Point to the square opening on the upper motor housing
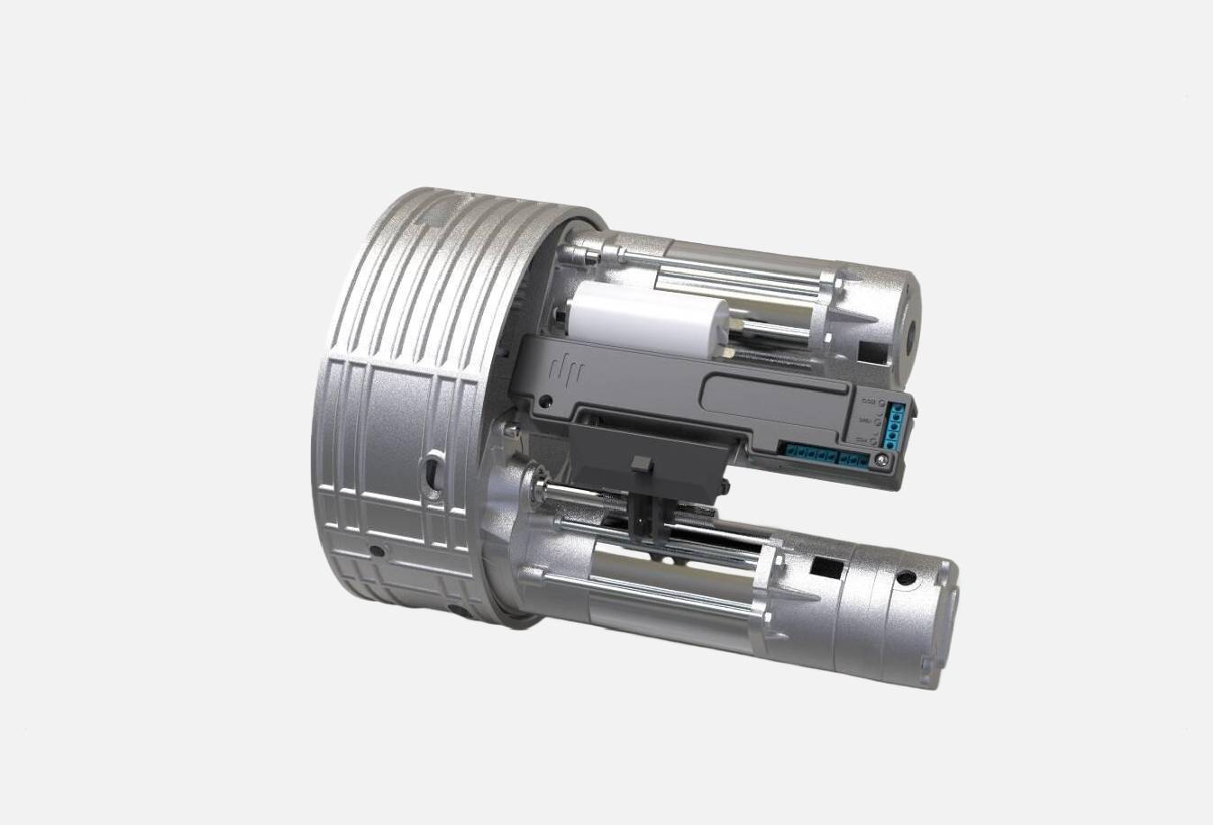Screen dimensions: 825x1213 [871, 348]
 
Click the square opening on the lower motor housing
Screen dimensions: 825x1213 [826, 567]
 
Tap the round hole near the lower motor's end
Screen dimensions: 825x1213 [905, 577]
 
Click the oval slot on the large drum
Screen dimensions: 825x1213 [433, 469]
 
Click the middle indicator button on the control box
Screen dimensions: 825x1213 [880, 421]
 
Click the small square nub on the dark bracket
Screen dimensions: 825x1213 [642, 464]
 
